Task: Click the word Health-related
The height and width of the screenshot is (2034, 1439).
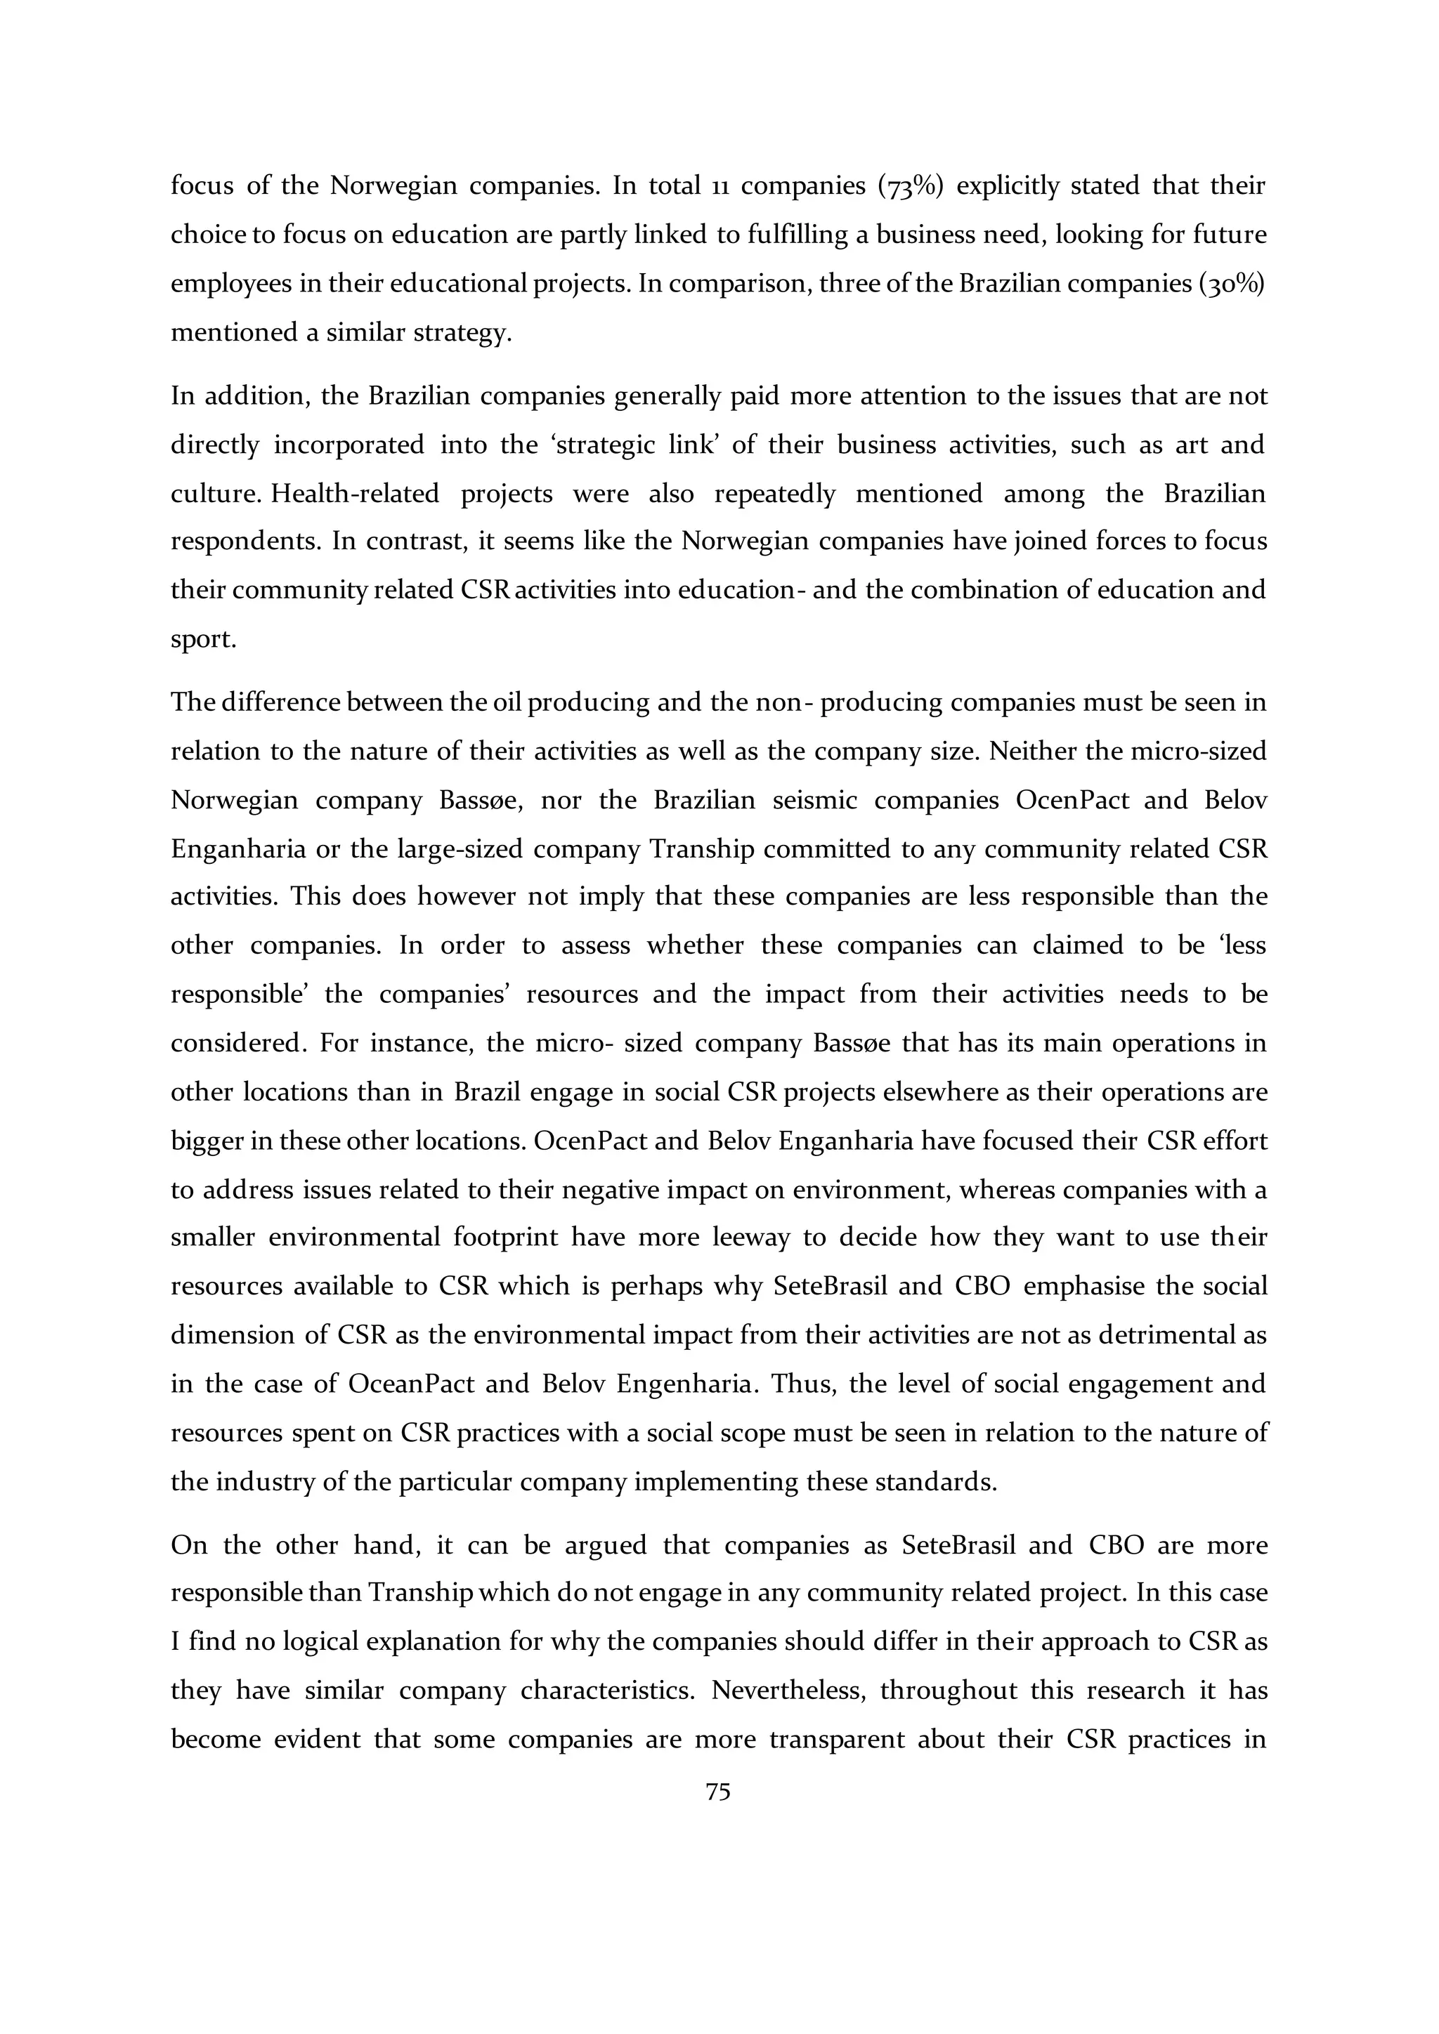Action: coord(354,494)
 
